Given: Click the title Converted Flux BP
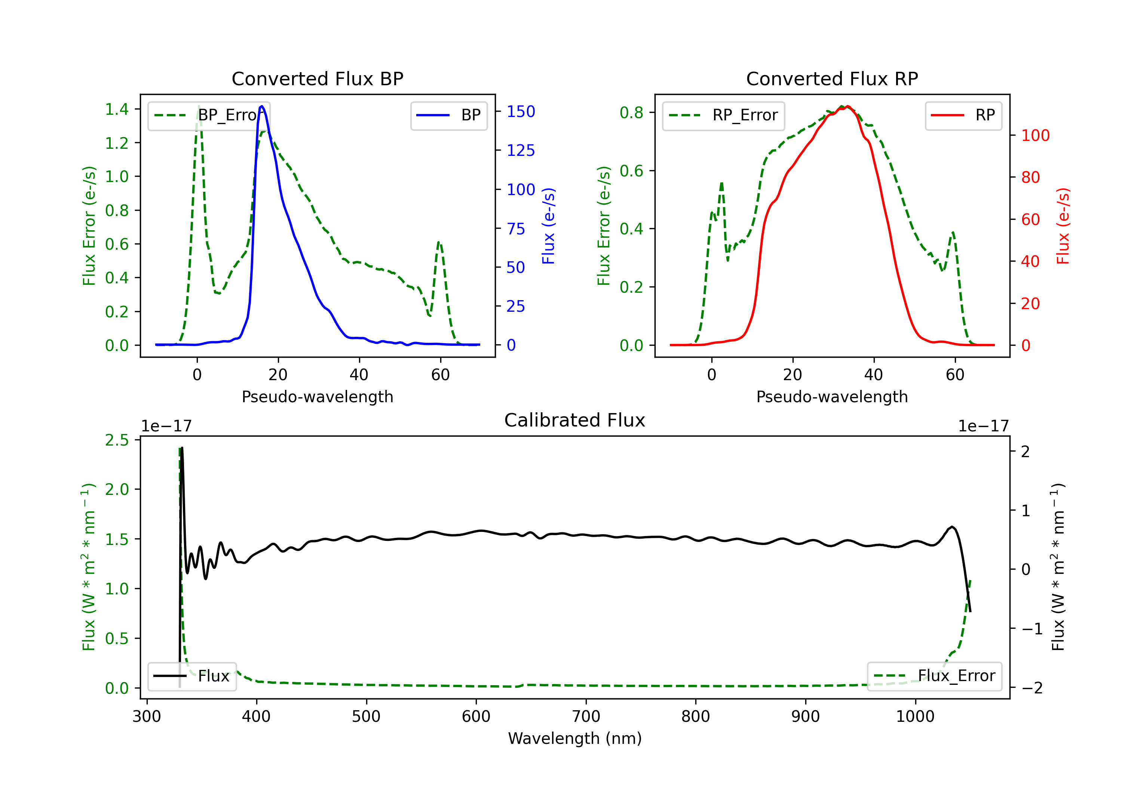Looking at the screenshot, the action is (317, 78).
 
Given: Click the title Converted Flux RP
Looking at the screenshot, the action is (832, 78).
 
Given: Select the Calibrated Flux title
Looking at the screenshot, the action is (575, 420).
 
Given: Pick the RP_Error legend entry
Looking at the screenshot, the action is (723, 115).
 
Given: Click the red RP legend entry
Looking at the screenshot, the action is (963, 115).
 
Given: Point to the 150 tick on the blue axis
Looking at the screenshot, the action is (521, 111).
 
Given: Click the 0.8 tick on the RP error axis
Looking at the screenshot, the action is (631, 113).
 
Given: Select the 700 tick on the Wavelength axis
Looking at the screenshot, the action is (586, 717).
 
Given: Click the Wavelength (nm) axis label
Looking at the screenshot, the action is (575, 739).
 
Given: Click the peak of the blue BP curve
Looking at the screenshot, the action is (262, 106).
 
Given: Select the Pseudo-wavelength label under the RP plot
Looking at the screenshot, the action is (832, 397).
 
